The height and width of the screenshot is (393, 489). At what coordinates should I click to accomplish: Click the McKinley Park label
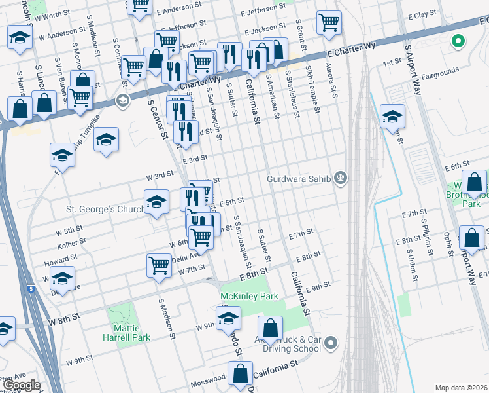point(249,297)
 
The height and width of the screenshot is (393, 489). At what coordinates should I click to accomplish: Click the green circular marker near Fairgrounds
point(458,42)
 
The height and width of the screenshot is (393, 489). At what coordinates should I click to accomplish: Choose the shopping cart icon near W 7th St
point(160,266)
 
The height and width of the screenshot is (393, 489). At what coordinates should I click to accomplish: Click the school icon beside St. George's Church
point(156,203)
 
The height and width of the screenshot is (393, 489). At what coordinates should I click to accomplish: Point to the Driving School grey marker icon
point(331,343)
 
